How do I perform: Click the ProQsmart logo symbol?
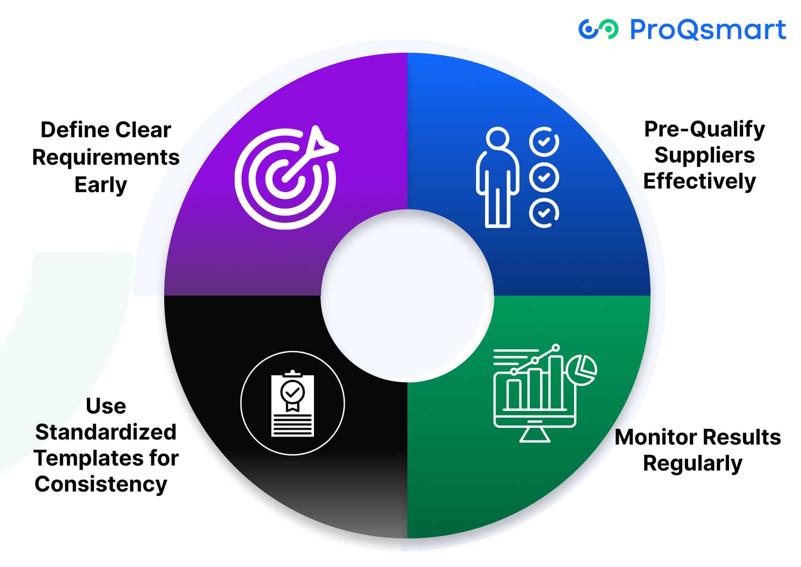coord(598,29)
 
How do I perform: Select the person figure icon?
coord(497,177)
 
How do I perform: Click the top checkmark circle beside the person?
coord(544,142)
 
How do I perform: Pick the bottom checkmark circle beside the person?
coord(544,213)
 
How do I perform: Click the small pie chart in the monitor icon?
coord(582,370)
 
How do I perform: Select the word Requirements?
coord(106,157)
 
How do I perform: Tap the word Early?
coord(101,185)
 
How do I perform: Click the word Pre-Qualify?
coord(704,129)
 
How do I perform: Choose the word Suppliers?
coord(704,155)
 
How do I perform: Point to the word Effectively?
coord(699,181)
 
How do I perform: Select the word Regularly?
coord(693,463)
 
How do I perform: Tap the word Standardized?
coord(106,432)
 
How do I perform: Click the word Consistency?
coord(101,484)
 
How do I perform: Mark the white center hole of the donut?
coord(407,295)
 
